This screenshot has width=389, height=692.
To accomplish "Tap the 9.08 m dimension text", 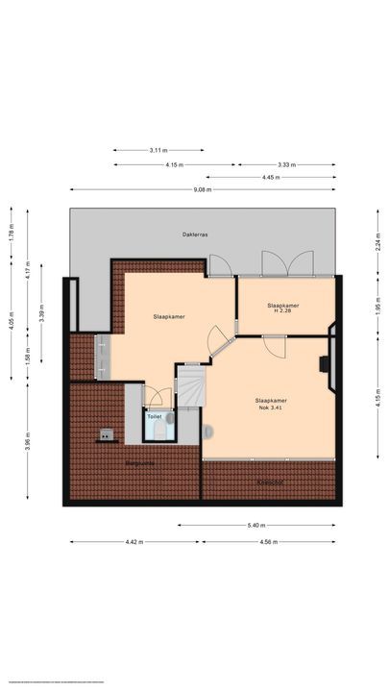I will pos(202,190).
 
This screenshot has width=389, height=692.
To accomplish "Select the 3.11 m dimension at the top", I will pos(158,151).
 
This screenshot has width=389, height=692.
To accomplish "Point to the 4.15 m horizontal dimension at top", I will pos(174,164).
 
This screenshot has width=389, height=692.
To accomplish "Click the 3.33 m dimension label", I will pos(286,164).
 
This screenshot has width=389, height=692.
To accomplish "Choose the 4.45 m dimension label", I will pos(271,177).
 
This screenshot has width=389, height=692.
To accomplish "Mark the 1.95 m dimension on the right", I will pos(378,309).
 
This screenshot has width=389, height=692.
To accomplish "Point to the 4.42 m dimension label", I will pos(134,542).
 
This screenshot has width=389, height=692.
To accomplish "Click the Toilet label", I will pos(153,416).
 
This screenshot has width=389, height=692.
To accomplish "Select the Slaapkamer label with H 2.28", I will pos(282,309).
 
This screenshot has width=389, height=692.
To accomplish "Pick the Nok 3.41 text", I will pos(271,408).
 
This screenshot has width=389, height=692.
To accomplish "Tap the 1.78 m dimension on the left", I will pos(12,229).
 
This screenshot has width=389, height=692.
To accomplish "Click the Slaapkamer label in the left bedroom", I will pos(168,315).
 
